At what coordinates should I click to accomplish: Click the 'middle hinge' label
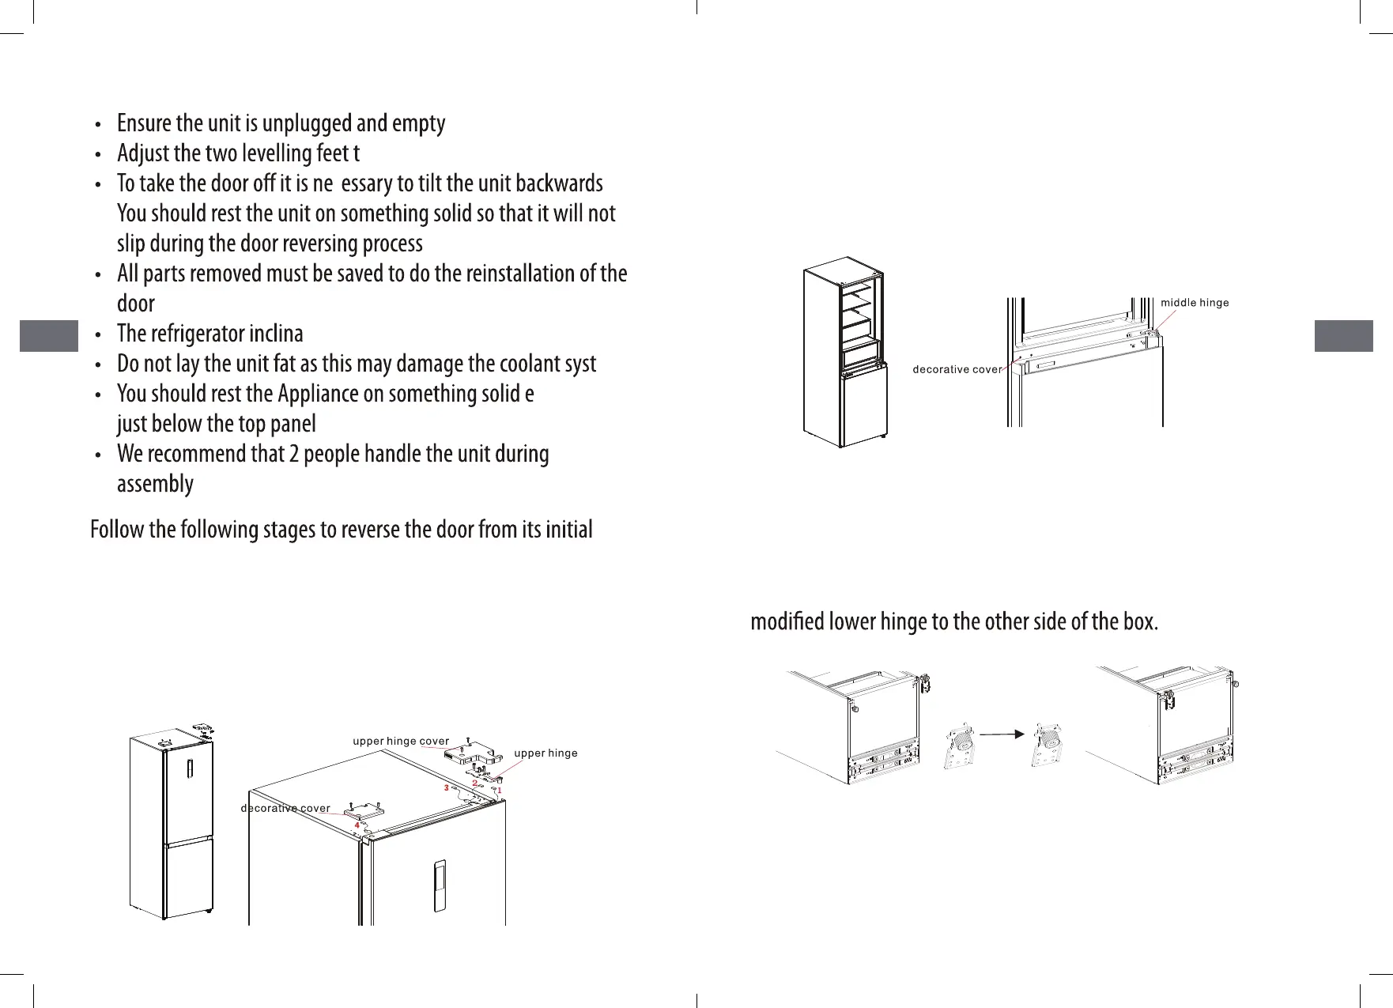tap(1194, 303)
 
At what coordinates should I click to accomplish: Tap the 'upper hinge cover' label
tap(400, 742)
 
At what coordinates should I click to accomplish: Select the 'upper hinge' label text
tap(545, 753)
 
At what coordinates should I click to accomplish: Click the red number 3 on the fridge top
tap(446, 788)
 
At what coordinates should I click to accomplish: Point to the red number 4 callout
tap(357, 825)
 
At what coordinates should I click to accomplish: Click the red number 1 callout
tap(500, 790)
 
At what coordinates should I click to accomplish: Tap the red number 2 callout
tap(474, 783)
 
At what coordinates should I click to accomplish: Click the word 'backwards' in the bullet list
tap(559, 183)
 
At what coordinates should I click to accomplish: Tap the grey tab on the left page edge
tap(48, 335)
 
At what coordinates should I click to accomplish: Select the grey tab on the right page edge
tap(1343, 335)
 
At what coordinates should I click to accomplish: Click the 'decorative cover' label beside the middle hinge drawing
tap(957, 370)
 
